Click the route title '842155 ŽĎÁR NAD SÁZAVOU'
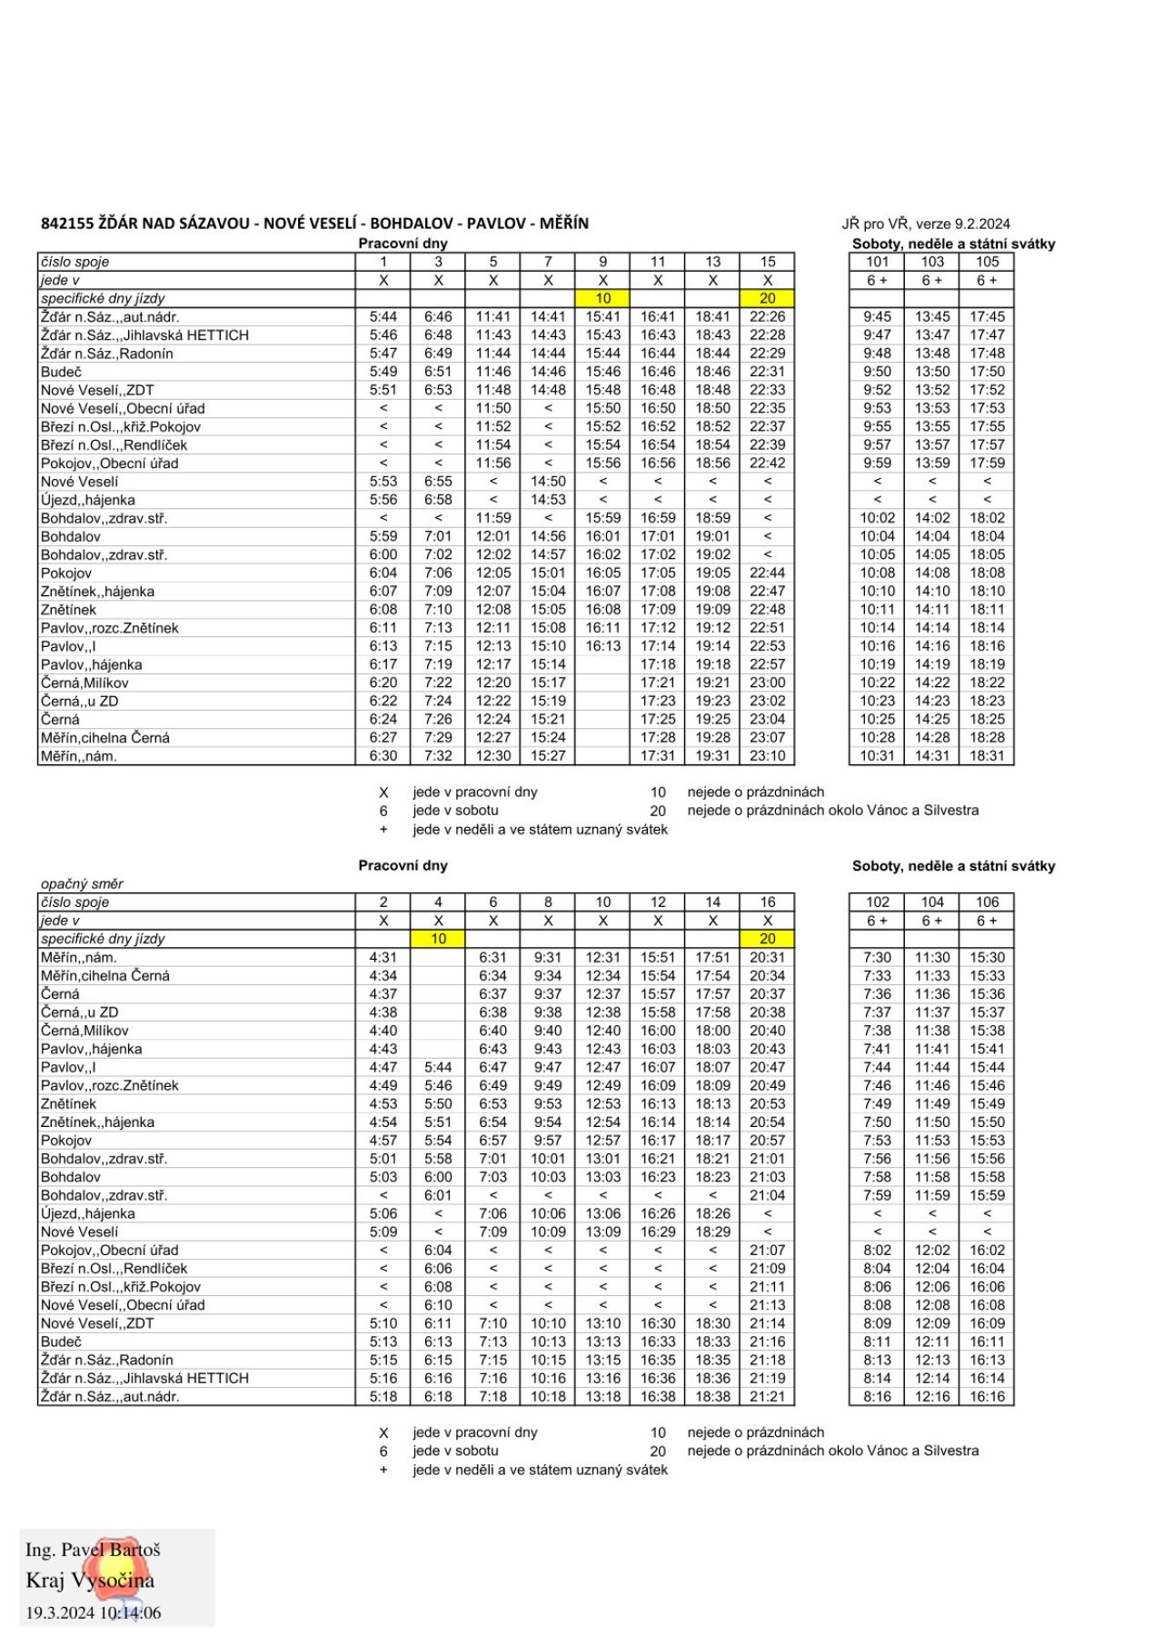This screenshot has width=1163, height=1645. click(x=145, y=224)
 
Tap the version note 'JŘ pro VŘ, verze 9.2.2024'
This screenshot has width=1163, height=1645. click(x=925, y=224)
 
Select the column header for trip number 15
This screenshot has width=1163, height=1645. click(x=767, y=262)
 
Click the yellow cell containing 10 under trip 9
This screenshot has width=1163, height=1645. click(x=602, y=298)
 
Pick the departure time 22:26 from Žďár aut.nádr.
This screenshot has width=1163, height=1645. click(x=767, y=317)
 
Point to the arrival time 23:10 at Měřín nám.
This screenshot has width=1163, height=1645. click(x=767, y=756)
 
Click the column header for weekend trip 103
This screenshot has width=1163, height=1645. click(x=932, y=262)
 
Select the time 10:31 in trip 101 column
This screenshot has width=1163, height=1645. click(x=877, y=756)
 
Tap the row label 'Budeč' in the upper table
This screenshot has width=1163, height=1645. click(x=61, y=372)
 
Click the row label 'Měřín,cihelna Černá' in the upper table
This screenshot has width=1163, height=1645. click(x=105, y=738)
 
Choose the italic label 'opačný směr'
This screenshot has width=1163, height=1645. click(x=82, y=883)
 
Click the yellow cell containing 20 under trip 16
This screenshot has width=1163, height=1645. click(x=767, y=939)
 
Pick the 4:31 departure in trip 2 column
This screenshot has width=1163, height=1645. click(x=383, y=957)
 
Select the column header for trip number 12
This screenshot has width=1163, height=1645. click(x=658, y=902)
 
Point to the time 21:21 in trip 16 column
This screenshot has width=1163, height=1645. click(x=767, y=1397)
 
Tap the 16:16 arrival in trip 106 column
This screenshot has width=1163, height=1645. click(x=987, y=1397)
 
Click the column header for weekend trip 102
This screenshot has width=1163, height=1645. click(x=877, y=902)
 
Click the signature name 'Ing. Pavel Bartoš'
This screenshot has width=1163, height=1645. click(x=93, y=1550)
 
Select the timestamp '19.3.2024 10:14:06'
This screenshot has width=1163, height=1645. click(x=93, y=1613)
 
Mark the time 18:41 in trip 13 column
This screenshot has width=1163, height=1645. click(x=712, y=317)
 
